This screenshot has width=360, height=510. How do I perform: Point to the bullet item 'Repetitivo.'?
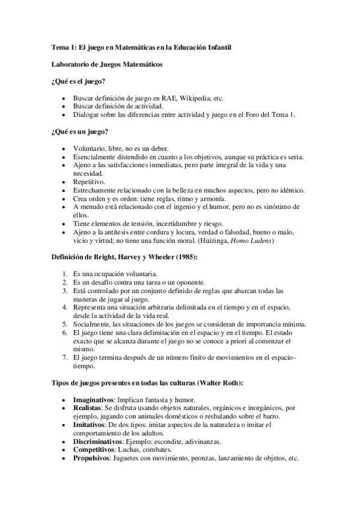88,182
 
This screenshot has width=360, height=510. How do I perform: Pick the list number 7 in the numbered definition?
65,357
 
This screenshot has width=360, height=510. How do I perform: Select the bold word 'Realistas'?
88,408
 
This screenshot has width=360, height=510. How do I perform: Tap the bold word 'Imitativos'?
90,425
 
